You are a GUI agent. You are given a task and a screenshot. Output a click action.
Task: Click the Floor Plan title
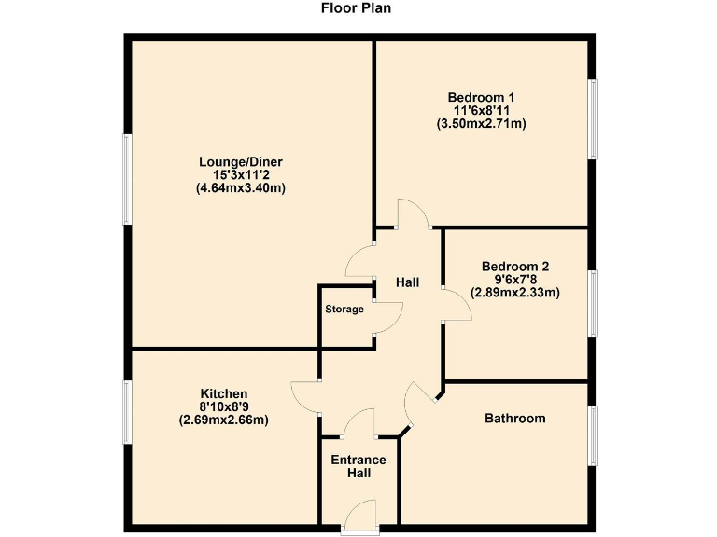click(x=357, y=8)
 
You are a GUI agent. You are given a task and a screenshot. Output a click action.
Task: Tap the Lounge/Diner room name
click(x=240, y=161)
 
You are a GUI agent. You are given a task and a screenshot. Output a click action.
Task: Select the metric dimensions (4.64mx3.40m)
click(x=240, y=187)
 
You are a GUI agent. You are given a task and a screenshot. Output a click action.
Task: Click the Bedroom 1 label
click(x=481, y=97)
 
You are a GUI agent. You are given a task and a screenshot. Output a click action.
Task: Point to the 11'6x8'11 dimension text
click(x=481, y=110)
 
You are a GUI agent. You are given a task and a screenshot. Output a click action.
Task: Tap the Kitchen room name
click(x=224, y=393)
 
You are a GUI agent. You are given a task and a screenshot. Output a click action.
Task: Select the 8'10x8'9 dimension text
click(x=224, y=406)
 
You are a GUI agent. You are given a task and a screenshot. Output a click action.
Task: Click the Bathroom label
click(x=514, y=419)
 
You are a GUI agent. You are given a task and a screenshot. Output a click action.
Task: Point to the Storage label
click(x=344, y=309)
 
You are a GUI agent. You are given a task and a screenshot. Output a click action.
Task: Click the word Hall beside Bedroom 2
click(x=407, y=282)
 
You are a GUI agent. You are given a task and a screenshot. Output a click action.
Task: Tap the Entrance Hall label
click(x=358, y=466)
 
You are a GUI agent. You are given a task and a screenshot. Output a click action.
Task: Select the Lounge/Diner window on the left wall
click(x=127, y=179)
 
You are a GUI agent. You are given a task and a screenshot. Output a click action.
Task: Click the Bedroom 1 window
click(x=592, y=118)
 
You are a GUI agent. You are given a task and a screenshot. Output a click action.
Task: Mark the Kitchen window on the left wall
click(x=127, y=412)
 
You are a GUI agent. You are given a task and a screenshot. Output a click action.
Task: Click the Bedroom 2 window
click(x=592, y=303)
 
